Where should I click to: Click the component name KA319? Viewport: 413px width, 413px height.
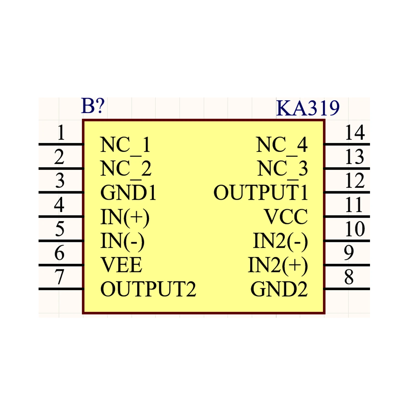[308, 108]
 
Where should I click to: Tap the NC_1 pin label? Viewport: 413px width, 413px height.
[125, 145]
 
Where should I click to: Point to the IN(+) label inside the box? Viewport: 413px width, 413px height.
[125, 218]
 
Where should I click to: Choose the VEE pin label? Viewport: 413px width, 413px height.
[121, 265]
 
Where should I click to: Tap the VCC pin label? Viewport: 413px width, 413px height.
[286, 217]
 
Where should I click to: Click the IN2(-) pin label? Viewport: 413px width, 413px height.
[280, 241]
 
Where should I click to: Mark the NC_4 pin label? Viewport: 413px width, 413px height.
[282, 145]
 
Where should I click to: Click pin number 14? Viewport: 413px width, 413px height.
[355, 133]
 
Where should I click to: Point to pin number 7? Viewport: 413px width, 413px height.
[59, 277]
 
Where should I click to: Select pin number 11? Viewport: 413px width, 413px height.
[354, 205]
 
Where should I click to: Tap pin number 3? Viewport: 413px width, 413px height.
[60, 181]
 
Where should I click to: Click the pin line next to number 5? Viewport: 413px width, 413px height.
[61, 241]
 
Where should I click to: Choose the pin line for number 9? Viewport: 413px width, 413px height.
[347, 265]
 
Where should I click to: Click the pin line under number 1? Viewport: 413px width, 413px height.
[61, 144]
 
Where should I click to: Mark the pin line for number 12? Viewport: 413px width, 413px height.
[347, 192]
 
